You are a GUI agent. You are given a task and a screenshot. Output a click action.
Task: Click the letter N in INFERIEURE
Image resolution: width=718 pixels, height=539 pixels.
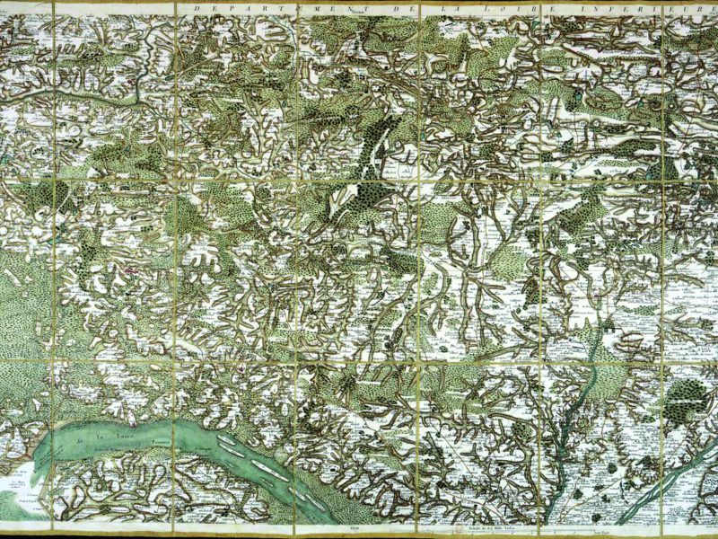click(599, 6)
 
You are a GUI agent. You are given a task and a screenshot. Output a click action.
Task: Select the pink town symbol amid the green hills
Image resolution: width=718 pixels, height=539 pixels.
click(133, 269)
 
